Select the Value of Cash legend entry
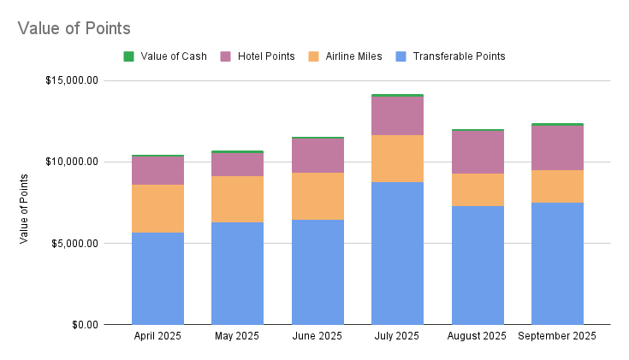click(169, 56)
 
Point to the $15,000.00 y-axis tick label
click(72, 81)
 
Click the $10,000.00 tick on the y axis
click(72, 162)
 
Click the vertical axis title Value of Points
click(24, 208)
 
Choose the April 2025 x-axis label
click(157, 336)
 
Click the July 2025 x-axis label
click(397, 336)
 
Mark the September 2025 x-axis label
click(557, 336)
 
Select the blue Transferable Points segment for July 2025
click(397, 253)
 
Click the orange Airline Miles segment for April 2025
click(157, 209)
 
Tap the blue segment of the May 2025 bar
click(237, 274)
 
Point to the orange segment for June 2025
click(317, 197)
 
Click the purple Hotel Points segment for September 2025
click(557, 148)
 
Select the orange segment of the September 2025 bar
click(557, 186)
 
